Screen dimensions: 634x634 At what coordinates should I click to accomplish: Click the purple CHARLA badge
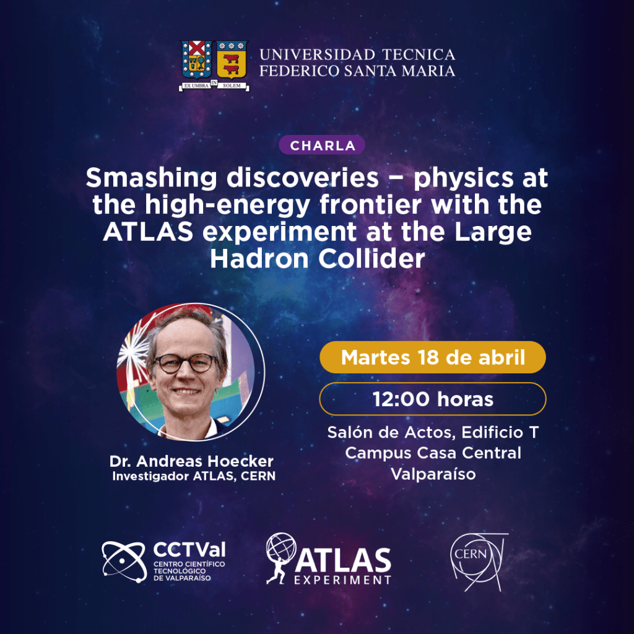pyautogui.click(x=322, y=145)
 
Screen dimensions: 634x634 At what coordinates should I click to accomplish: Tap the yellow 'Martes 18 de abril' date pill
pyautogui.click(x=433, y=357)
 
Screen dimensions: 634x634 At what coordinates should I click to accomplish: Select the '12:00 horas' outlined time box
pyautogui.click(x=433, y=399)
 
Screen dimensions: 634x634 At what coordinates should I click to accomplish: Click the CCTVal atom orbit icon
pyautogui.click(x=124, y=562)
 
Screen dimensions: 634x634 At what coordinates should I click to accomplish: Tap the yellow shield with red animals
pyautogui.click(x=232, y=59)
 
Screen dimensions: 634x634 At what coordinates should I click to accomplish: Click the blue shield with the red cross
pyautogui.click(x=196, y=59)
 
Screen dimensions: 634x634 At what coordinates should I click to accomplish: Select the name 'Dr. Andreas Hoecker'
pyautogui.click(x=191, y=461)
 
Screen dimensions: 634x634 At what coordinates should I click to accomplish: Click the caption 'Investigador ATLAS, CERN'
pyautogui.click(x=194, y=476)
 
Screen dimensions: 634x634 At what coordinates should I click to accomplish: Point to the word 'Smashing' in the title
pyautogui.click(x=151, y=178)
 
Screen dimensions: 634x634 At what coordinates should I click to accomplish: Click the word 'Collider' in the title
pyautogui.click(x=371, y=259)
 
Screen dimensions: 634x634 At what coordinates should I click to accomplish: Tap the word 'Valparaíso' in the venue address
pyautogui.click(x=433, y=474)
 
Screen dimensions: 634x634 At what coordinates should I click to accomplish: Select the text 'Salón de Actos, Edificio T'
pyautogui.click(x=433, y=432)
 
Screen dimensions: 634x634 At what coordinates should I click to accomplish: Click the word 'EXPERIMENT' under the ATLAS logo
pyautogui.click(x=342, y=580)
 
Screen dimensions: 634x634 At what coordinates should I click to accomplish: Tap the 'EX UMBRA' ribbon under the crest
pyautogui.click(x=197, y=85)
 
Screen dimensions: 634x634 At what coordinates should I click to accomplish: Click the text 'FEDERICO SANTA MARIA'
pyautogui.click(x=357, y=71)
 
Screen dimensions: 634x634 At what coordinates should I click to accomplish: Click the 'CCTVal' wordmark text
pyautogui.click(x=189, y=550)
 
